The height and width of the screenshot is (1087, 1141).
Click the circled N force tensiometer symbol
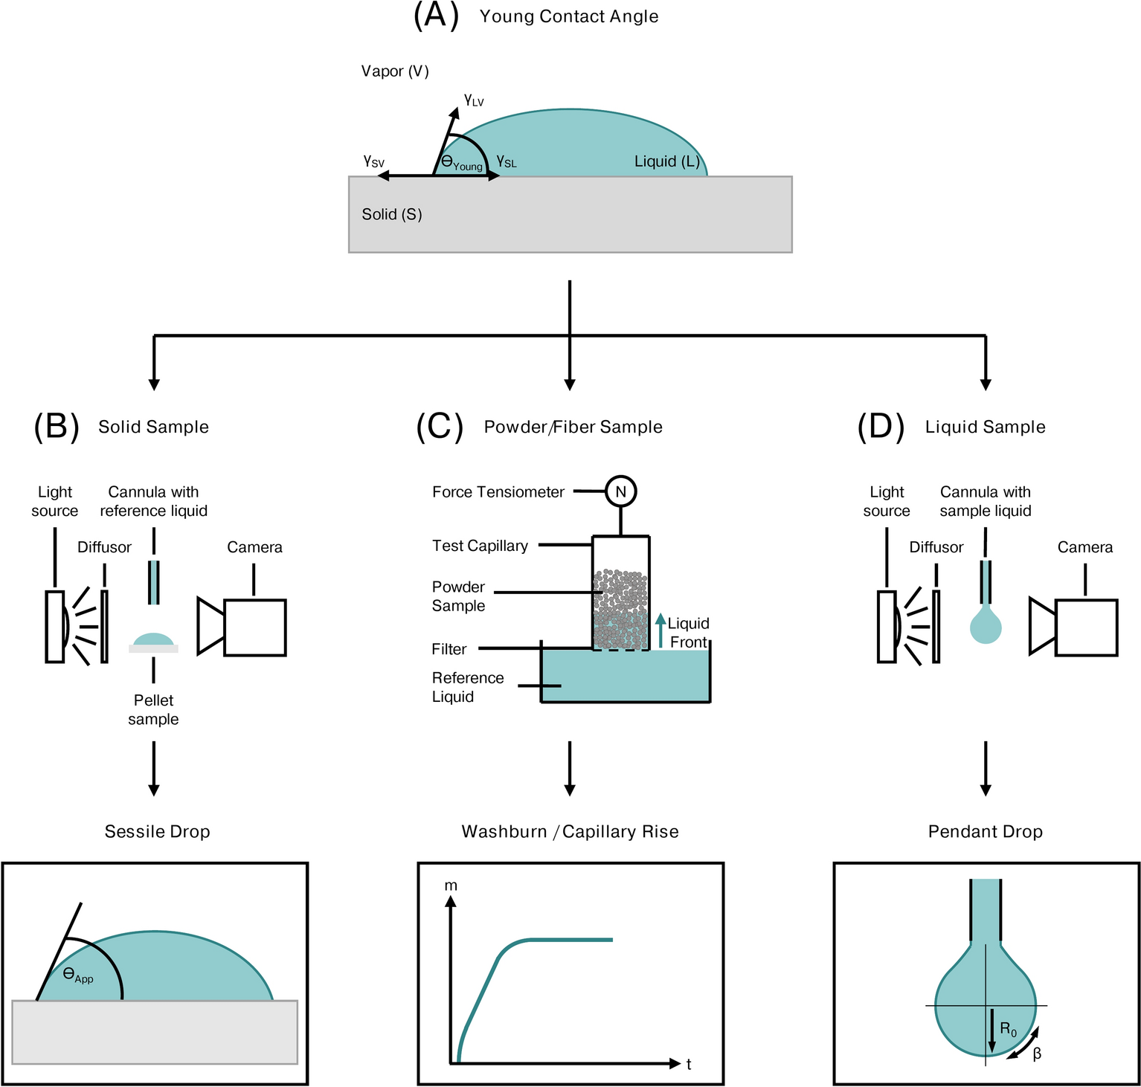pos(620,491)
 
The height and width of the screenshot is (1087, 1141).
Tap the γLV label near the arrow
pos(474,100)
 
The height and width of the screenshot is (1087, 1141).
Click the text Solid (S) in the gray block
pos(392,215)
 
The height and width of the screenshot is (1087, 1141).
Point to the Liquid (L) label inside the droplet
pos(666,161)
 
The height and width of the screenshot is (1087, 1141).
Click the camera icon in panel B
pos(242,627)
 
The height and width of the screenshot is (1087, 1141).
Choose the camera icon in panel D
pos(1074,627)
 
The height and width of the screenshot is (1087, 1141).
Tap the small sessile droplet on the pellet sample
pos(153,639)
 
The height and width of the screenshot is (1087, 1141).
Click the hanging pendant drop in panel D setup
pos(986,625)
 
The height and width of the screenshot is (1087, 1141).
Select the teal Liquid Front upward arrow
pos(660,630)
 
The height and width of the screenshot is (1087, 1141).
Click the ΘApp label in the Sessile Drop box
pos(78,975)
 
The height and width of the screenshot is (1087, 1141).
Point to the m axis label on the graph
pos(451,886)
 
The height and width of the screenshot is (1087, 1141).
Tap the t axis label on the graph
pos(689,1065)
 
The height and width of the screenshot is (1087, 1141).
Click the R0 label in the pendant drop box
pos(1009,1030)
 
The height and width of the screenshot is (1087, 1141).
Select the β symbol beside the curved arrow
pos(1037,1054)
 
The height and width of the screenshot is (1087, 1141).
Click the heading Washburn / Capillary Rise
pos(570,832)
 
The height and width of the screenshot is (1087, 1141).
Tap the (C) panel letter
pos(440,427)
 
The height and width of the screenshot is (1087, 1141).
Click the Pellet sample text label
pos(153,709)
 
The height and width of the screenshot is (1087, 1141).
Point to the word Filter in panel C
pos(449,649)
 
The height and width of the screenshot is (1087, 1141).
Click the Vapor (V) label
pos(395,71)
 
